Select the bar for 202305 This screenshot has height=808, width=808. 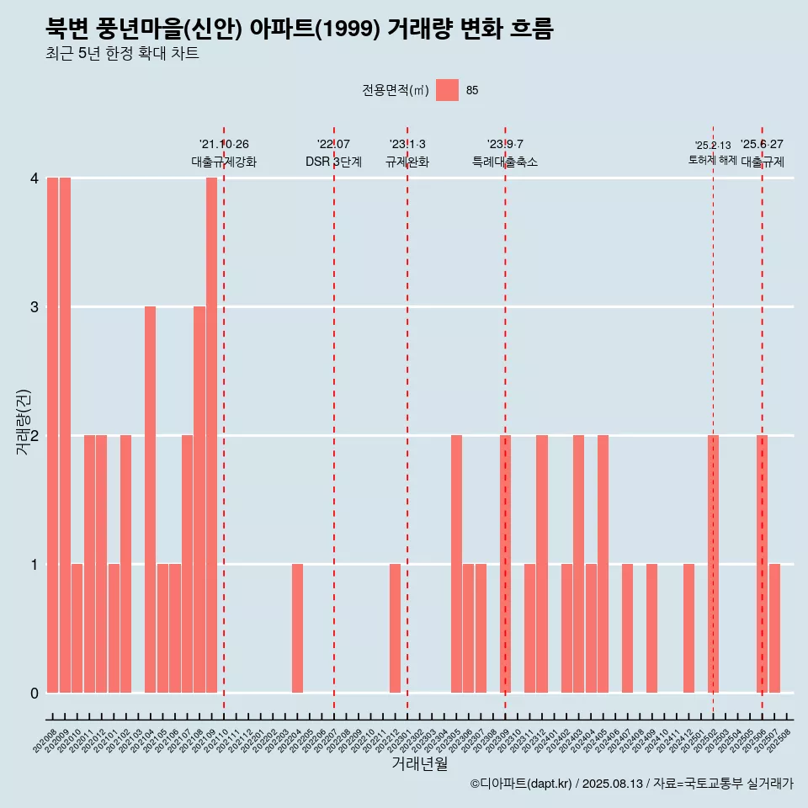point(456,564)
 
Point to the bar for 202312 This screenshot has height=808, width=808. point(542,564)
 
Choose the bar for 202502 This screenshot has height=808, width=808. point(713,564)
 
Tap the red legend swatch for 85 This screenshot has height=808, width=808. point(447,90)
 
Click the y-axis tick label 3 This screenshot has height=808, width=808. point(35,306)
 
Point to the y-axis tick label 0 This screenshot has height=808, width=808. point(35,693)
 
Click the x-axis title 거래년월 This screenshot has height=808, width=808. point(419,763)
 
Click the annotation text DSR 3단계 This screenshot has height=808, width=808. point(333,162)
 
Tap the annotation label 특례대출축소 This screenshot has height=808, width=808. point(505,162)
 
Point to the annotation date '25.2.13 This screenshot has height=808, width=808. point(712,145)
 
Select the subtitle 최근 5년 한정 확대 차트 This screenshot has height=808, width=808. point(122,54)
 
